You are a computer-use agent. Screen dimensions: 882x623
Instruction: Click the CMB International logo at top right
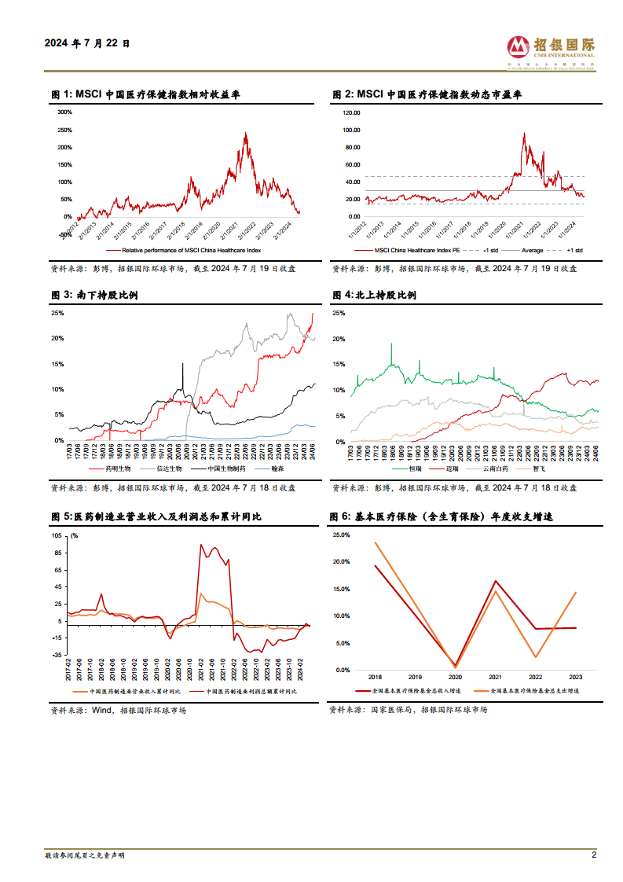550,50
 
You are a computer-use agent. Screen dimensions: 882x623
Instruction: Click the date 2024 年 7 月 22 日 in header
87,44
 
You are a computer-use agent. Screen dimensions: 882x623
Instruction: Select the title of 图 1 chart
145,94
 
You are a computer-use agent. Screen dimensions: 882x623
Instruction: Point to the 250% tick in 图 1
65,130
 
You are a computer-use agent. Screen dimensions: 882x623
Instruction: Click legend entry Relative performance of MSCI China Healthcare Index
189,250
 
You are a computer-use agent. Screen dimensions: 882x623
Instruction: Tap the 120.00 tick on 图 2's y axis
352,112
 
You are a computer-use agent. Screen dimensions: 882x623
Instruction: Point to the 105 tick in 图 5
56,535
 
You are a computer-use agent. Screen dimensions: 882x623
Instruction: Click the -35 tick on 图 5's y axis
56,655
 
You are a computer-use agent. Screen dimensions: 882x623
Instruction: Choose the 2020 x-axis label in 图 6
456,677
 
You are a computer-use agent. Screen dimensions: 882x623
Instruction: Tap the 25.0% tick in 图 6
342,535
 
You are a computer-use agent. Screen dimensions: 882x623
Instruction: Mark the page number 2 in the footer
594,855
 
